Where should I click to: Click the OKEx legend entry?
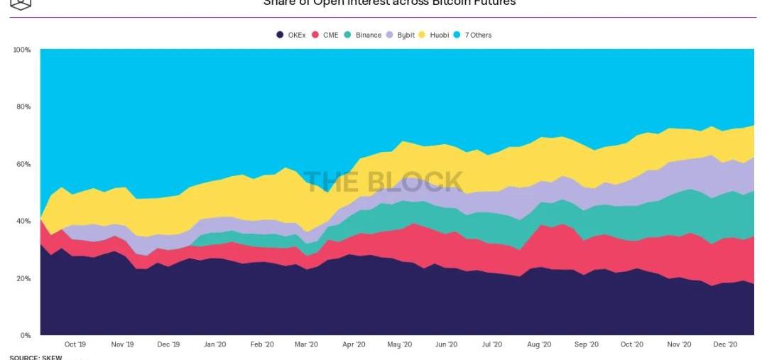pos(292,35)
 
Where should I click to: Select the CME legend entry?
pos(326,35)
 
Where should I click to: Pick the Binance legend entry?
pos(363,35)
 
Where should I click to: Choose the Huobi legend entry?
pos(434,35)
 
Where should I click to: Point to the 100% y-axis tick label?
pos(21,50)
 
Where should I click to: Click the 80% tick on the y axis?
pos(23,107)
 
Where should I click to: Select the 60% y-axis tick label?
pos(23,164)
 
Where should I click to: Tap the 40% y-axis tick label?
pos(23,222)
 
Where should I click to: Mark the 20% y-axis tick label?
pos(23,278)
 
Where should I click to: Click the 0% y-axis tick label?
pos(26,336)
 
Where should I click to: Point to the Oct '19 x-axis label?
pos(75,344)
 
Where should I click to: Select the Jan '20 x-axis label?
pos(214,344)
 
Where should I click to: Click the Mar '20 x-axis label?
pos(306,344)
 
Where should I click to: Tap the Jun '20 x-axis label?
pos(446,344)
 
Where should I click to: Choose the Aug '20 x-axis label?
pos(540,344)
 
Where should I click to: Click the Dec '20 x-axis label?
pos(725,344)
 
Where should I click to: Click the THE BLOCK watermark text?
pos(383,182)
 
